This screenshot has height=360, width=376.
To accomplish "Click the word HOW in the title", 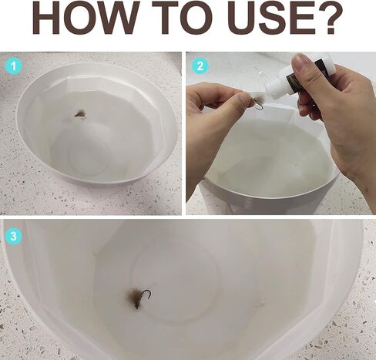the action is (x=84, y=17).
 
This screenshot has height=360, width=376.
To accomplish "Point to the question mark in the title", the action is (x=331, y=17).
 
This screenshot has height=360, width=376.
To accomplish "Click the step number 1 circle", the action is (x=13, y=67).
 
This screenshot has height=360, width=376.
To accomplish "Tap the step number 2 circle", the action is (x=200, y=66).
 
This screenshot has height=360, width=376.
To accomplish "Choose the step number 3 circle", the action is (x=13, y=236).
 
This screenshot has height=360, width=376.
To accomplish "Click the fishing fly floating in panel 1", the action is (x=80, y=114).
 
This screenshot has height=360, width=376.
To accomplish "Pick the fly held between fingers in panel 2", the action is (x=258, y=99).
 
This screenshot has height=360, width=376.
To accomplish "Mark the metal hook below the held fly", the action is (x=260, y=107).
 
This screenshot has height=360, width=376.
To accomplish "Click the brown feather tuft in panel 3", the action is (x=134, y=298).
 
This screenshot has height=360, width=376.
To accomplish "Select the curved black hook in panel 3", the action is (x=146, y=295).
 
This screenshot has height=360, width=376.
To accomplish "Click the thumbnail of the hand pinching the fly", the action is (x=244, y=97).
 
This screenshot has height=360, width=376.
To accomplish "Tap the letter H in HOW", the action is (x=44, y=17).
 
